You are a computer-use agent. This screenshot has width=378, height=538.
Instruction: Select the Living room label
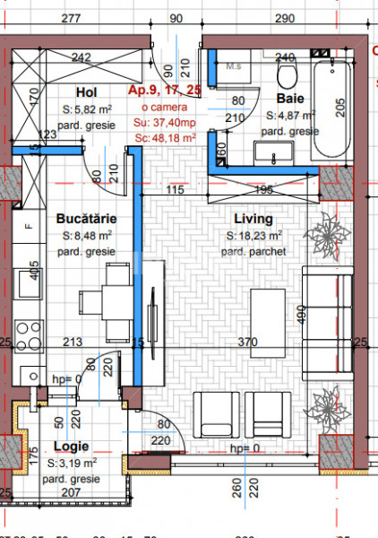tap(253, 219)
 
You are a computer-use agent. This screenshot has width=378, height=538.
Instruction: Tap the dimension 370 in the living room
tap(248, 342)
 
